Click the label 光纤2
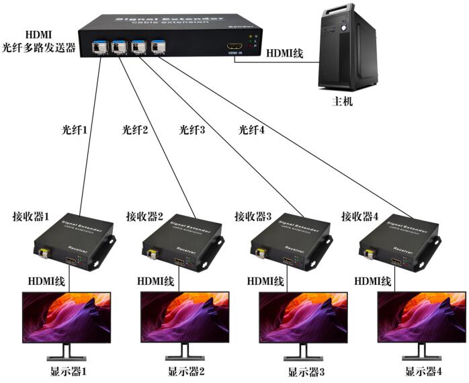(x=134, y=128)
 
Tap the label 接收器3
(x=253, y=216)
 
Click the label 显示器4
(x=424, y=371)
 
